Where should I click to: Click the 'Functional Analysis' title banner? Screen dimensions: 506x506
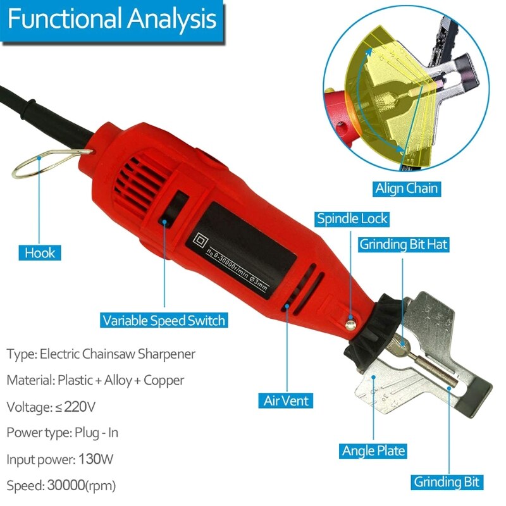pyautogui.click(x=112, y=20)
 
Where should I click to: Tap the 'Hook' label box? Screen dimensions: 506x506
pyautogui.click(x=40, y=253)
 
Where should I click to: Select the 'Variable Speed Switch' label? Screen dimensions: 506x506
pyautogui.click(x=164, y=320)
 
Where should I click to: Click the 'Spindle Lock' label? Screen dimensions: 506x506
pyautogui.click(x=352, y=219)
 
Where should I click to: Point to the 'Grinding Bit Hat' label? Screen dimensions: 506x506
pyautogui.click(x=404, y=245)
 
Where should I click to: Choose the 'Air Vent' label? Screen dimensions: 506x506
pyautogui.click(x=286, y=400)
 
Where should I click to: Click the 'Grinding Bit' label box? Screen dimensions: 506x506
pyautogui.click(x=448, y=481)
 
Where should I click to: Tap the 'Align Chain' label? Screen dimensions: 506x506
pyautogui.click(x=406, y=188)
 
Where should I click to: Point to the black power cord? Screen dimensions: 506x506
pyautogui.click(x=32, y=104)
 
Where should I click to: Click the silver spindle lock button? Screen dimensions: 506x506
pyautogui.click(x=349, y=324)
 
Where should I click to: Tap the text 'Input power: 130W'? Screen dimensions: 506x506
pyautogui.click(x=70, y=459)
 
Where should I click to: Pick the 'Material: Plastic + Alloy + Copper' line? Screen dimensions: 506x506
pyautogui.click(x=96, y=380)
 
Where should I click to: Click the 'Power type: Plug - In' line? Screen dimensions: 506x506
pyautogui.click(x=63, y=433)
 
